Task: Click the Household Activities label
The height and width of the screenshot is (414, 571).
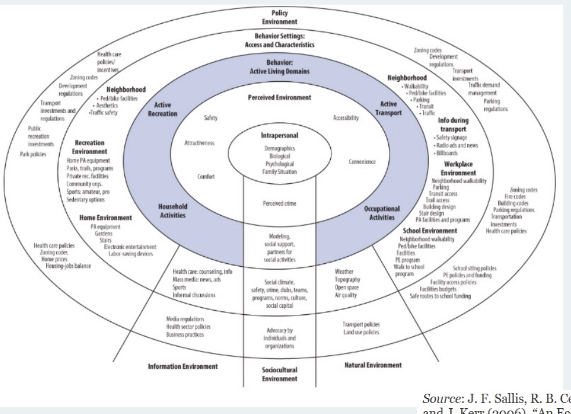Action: click(173, 212)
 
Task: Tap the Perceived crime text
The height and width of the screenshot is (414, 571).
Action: click(279, 203)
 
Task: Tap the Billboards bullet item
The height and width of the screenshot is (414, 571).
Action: click(451, 153)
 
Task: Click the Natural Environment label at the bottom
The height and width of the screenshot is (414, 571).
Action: click(371, 365)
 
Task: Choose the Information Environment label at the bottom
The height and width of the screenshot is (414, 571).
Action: click(183, 366)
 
